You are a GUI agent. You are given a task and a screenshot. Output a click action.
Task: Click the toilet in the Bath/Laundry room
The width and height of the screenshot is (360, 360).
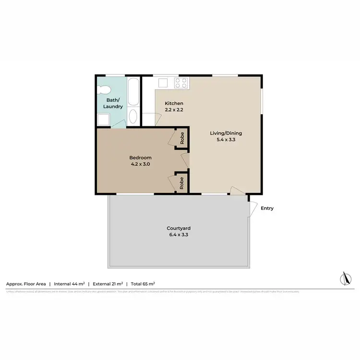[103, 90]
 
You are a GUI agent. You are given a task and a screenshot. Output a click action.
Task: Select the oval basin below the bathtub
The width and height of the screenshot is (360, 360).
[133, 117]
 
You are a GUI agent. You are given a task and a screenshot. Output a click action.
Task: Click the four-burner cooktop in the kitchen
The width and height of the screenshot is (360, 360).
[181, 84]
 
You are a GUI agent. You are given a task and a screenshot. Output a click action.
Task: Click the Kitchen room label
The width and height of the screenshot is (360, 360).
[174, 104]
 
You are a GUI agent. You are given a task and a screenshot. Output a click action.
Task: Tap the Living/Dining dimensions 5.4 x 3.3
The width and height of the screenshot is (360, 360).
[226, 140]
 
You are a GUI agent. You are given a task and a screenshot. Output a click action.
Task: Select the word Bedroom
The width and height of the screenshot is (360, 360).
[141, 158]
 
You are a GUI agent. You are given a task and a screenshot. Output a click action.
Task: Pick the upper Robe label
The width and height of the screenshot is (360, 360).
[182, 139]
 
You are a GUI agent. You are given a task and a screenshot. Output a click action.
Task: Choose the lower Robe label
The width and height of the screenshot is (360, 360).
[182, 182]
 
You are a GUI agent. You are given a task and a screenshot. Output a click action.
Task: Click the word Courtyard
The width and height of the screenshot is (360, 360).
[179, 228]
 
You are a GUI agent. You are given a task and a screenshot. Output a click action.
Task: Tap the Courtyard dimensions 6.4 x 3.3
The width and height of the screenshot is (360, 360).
[179, 235]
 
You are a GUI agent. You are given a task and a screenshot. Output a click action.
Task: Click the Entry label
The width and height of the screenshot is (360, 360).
[267, 208]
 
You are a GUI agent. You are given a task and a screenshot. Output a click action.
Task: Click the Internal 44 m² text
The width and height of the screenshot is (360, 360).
[69, 284]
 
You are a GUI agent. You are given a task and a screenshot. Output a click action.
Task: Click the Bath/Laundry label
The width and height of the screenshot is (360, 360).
[114, 103]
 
